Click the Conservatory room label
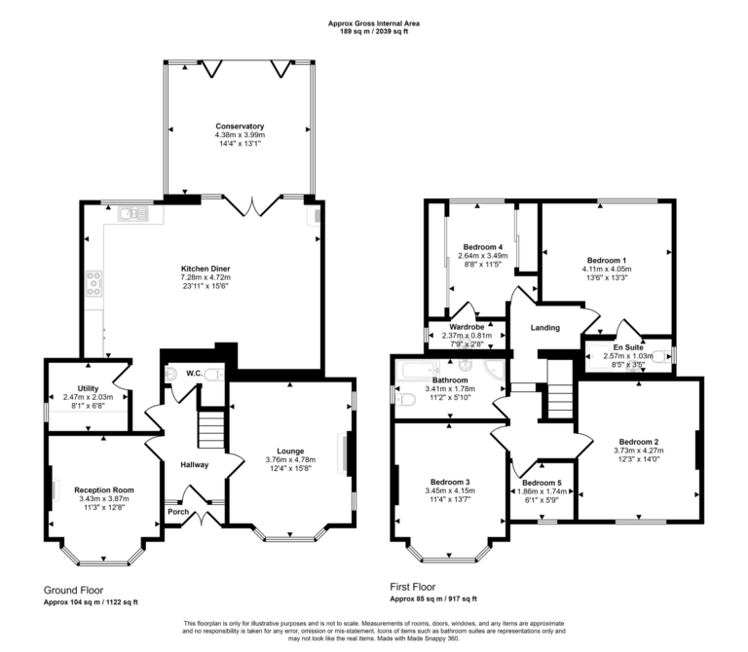coord(240,126)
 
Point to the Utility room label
coord(87,387)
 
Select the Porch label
coord(178,512)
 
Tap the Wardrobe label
coord(466,327)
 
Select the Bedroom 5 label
coord(541,483)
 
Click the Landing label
coord(544,327)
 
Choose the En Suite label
coord(626,346)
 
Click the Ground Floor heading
coord(75,590)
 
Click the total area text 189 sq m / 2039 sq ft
coord(374,32)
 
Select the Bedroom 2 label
coord(638,441)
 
